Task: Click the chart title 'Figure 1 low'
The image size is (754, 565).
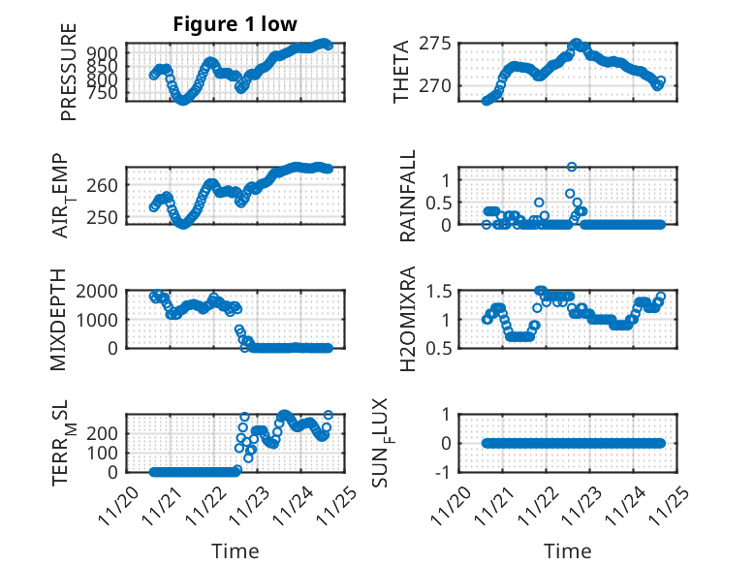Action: (x=236, y=23)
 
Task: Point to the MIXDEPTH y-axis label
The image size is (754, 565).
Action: (x=68, y=318)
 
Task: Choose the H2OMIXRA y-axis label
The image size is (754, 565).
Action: (x=408, y=318)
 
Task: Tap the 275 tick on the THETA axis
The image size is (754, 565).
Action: (x=435, y=44)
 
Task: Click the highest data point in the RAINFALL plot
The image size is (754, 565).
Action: (x=572, y=167)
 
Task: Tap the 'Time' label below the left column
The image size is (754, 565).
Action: (x=236, y=550)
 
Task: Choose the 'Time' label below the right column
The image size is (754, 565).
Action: (x=567, y=550)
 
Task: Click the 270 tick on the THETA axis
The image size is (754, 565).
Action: (x=435, y=85)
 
